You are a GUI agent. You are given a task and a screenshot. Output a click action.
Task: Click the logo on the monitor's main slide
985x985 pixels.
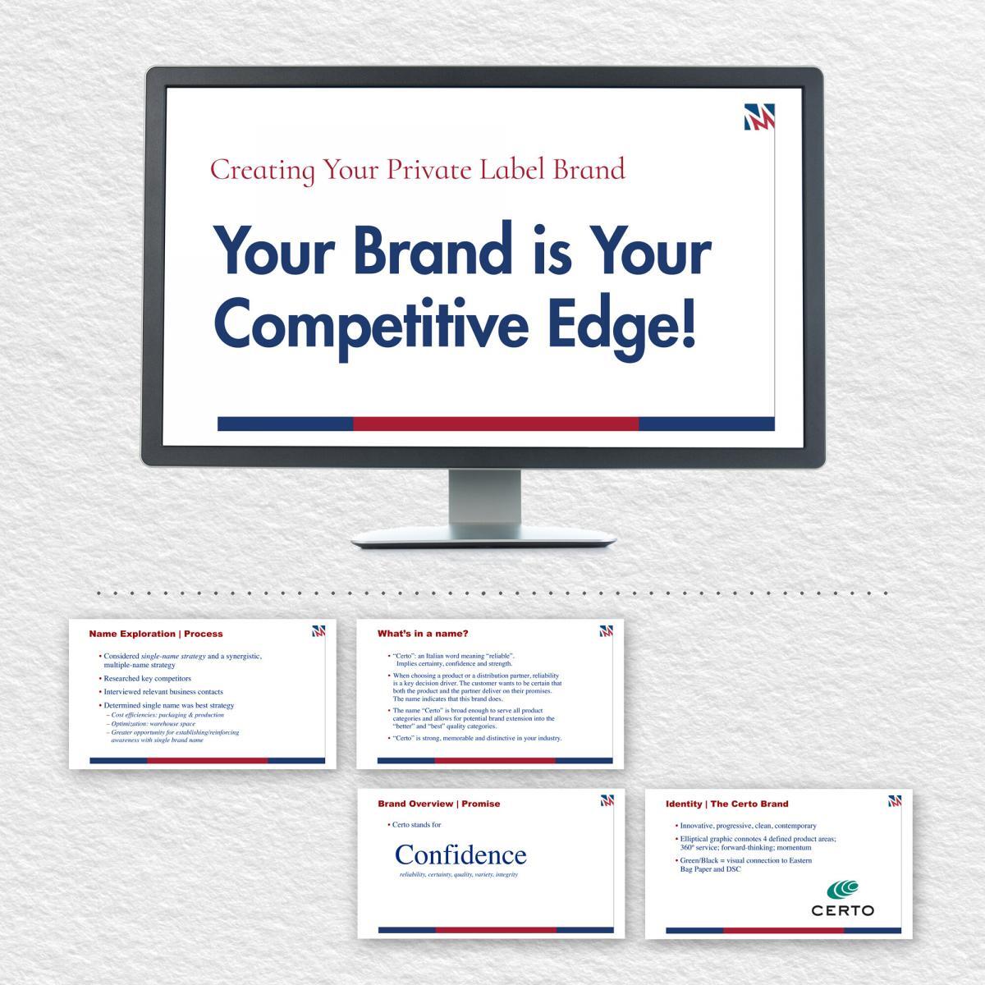[759, 117]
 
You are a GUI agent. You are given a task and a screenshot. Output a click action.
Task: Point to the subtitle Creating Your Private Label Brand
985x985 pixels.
[417, 169]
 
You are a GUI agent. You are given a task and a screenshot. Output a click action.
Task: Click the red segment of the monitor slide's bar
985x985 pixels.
[496, 424]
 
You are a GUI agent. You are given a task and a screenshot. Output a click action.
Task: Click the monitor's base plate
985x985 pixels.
[484, 538]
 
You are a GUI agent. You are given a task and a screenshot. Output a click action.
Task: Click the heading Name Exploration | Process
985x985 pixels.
[155, 634]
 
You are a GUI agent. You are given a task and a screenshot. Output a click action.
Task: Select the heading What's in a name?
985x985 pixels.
[423, 634]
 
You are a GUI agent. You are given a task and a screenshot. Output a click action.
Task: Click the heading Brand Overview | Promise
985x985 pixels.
[438, 804]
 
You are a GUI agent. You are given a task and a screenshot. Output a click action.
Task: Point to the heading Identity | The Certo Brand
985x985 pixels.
[726, 804]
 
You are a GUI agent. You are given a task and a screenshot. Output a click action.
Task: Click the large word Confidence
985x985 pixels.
[460, 854]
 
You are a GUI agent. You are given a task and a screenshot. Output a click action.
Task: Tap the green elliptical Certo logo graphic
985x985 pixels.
[842, 889]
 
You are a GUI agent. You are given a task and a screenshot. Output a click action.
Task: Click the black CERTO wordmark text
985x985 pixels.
[842, 910]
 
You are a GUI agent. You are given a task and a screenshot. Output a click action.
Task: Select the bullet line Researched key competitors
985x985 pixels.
[147, 679]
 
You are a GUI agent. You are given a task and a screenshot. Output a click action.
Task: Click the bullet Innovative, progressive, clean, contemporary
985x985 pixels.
[748, 826]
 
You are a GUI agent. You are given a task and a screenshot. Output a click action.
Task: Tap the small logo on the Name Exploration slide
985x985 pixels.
[319, 631]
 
